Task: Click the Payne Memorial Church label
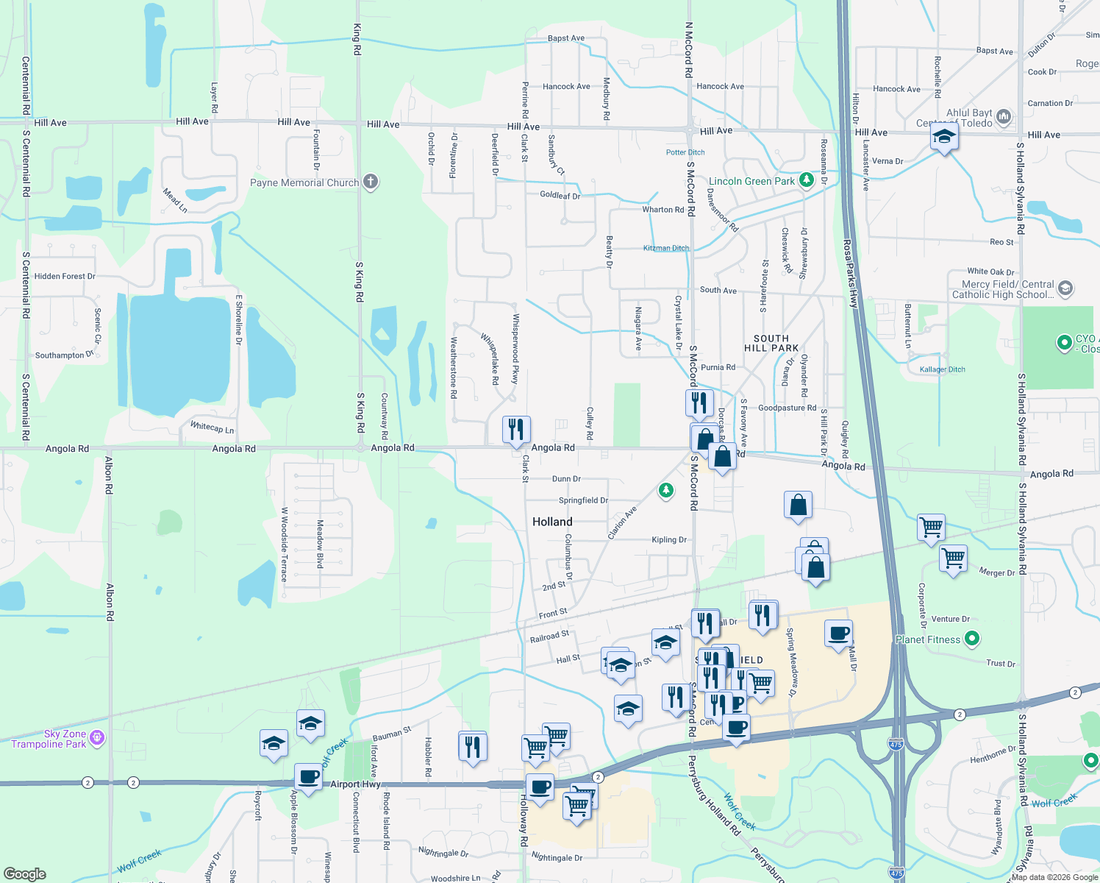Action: point(304,183)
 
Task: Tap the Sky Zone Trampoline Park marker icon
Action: point(97,737)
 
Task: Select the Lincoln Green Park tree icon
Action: point(807,180)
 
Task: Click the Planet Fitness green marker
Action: point(972,639)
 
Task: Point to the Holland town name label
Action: point(552,522)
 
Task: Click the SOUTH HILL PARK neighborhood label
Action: point(771,343)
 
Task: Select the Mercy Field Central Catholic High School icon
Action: point(1065,288)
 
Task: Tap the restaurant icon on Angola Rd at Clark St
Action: point(516,429)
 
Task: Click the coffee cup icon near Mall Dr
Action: point(838,633)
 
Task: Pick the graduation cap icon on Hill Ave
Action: point(944,136)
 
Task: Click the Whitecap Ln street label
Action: point(212,427)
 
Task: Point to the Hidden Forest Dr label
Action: point(65,277)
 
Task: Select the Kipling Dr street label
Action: point(669,540)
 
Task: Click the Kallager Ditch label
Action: point(942,369)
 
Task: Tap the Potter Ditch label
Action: point(685,152)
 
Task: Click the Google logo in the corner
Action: point(24,874)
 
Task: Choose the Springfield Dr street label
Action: point(583,500)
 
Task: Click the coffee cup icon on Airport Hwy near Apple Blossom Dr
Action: point(309,776)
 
